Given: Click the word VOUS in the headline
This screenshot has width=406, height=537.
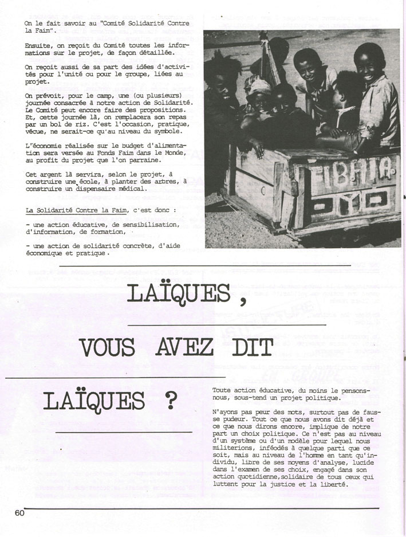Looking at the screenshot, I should pyautogui.click(x=107, y=347).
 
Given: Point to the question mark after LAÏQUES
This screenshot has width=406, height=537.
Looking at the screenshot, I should pyautogui.click(x=170, y=402).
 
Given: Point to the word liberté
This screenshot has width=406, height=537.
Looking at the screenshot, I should pyautogui.click(x=333, y=485).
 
